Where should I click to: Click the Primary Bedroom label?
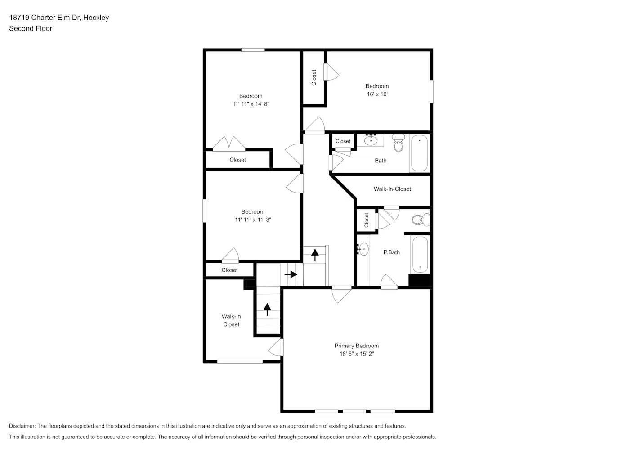pyautogui.click(x=356, y=346)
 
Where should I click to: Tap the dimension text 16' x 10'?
pyautogui.click(x=377, y=94)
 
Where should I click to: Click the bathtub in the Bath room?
pyautogui.click(x=419, y=153)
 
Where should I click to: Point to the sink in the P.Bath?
pyautogui.click(x=363, y=249)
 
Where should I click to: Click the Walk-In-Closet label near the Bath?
pyautogui.click(x=392, y=189)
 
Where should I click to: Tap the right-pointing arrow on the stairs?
pyautogui.click(x=291, y=274)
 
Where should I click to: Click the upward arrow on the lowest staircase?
pyautogui.click(x=268, y=309)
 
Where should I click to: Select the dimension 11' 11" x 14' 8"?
pyautogui.click(x=251, y=104)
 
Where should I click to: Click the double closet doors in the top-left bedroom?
pyautogui.click(x=229, y=144)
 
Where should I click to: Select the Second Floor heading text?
pyautogui.click(x=31, y=28)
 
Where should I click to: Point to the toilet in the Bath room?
pyautogui.click(x=398, y=143)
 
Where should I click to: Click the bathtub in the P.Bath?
pyautogui.click(x=420, y=254)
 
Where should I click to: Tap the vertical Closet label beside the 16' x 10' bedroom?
pyautogui.click(x=314, y=77)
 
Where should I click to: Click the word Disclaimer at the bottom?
pyautogui.click(x=22, y=426)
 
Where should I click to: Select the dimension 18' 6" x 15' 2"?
pyautogui.click(x=356, y=354)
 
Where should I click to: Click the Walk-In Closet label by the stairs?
pyautogui.click(x=231, y=320)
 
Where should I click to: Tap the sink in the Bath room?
pyautogui.click(x=371, y=140)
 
